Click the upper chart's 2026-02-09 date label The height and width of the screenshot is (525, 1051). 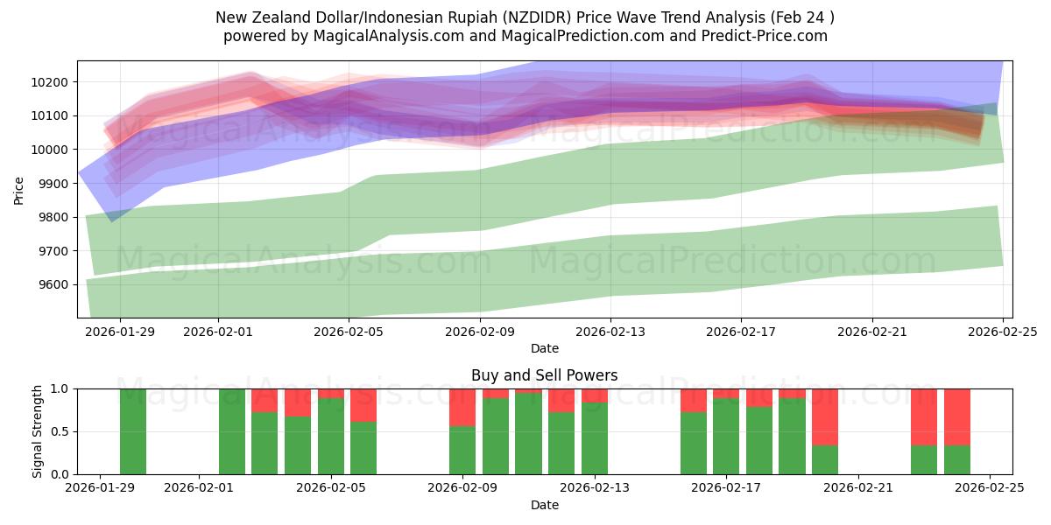click(480, 332)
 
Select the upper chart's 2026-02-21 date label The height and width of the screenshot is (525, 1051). click(871, 332)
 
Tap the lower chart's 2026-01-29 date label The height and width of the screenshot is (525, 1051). click(101, 488)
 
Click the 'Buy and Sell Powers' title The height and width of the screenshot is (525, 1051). click(544, 375)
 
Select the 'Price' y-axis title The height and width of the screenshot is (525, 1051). click(19, 189)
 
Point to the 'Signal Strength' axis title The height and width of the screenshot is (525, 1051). click(37, 431)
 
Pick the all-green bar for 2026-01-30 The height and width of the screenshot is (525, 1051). click(133, 431)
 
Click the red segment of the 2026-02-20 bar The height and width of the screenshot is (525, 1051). click(825, 416)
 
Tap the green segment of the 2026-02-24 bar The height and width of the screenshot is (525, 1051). click(957, 459)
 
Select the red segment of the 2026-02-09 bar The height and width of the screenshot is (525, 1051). click(462, 407)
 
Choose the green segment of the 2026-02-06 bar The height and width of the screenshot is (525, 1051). click(363, 448)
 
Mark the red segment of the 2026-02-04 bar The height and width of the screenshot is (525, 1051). click(298, 402)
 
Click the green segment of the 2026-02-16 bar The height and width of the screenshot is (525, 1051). click(694, 443)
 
